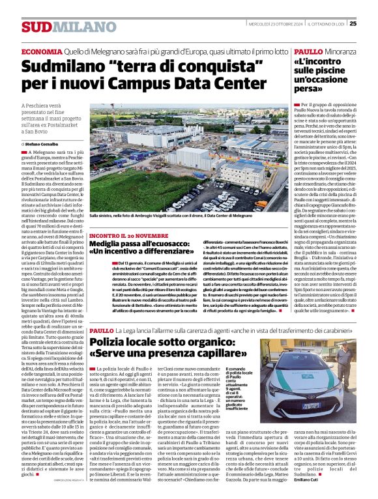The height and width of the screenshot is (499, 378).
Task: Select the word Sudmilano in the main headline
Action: tap(62, 66)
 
